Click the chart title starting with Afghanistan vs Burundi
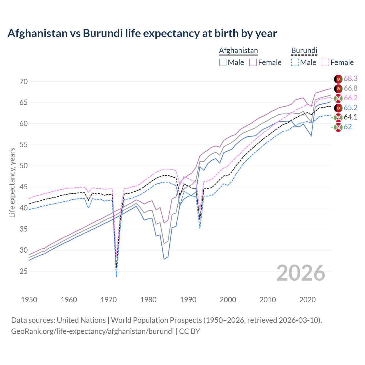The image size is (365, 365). click(x=142, y=33)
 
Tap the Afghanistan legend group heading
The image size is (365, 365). click(x=238, y=50)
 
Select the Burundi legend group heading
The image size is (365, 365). click(x=304, y=50)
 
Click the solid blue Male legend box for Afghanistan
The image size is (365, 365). click(x=223, y=62)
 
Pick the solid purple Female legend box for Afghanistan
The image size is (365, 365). click(x=253, y=62)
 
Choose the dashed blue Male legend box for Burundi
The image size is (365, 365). click(x=295, y=62)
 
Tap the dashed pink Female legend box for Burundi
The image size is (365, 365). click(x=325, y=62)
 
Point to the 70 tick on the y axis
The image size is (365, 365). click(x=24, y=82)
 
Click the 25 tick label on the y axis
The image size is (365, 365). click(x=24, y=271)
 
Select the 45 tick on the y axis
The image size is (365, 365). click(x=24, y=187)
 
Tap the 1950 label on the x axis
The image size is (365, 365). click(x=29, y=300)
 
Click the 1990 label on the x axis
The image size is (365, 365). click(x=188, y=300)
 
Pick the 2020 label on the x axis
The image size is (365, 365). click(x=307, y=300)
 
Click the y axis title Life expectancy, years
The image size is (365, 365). click(x=12, y=182)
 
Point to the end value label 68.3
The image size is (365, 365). click(x=350, y=79)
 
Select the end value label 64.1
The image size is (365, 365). click(x=350, y=117)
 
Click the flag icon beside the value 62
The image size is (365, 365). click(x=338, y=127)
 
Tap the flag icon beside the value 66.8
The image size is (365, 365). click(x=338, y=88)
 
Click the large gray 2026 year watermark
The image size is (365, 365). click(x=301, y=273)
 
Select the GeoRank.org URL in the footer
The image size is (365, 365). click(x=92, y=331)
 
